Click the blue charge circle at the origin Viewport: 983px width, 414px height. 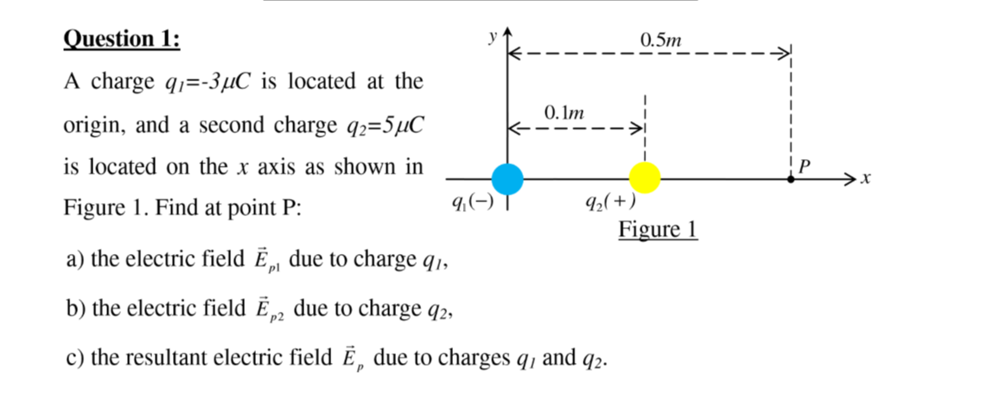point(507,178)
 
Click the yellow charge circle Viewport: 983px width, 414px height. point(644,177)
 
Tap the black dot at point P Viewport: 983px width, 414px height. point(792,178)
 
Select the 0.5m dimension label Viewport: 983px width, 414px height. point(661,39)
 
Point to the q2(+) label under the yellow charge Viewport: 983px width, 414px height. point(611,203)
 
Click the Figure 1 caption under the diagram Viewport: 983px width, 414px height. point(658,230)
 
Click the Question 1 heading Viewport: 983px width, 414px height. point(123,39)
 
